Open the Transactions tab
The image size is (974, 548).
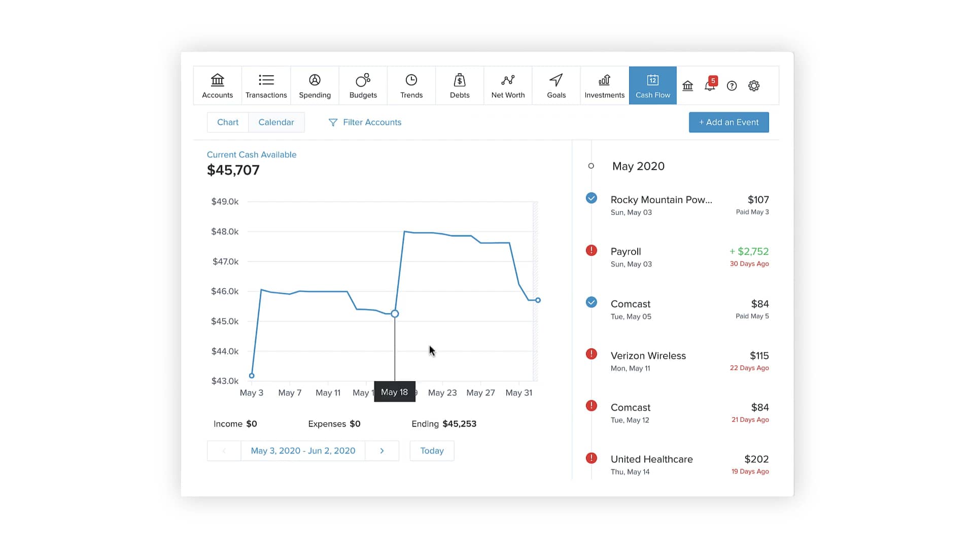(x=266, y=85)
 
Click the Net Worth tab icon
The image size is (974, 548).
(x=508, y=80)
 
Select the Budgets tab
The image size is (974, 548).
(x=363, y=85)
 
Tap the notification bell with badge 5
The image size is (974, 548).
(x=710, y=86)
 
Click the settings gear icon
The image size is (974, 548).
(x=754, y=86)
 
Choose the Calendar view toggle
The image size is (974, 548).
(x=276, y=122)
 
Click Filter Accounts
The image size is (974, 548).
(x=365, y=122)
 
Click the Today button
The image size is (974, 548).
(x=432, y=451)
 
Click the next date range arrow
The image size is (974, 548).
(x=382, y=451)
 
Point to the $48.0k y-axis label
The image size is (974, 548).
(x=225, y=232)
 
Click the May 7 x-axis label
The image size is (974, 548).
(x=290, y=393)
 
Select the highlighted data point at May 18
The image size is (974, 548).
(x=395, y=314)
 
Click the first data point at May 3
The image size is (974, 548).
(x=252, y=376)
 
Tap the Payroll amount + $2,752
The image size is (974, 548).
(x=749, y=252)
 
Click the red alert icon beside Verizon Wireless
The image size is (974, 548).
(x=591, y=354)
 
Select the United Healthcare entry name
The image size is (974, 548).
(x=651, y=459)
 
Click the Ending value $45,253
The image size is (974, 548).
(x=459, y=424)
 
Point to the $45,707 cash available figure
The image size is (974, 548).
(x=233, y=170)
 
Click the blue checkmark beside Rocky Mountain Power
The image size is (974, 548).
(x=591, y=198)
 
